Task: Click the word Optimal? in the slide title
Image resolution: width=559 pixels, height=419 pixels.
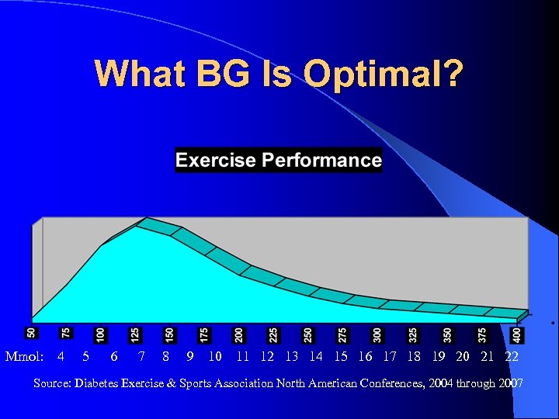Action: tap(384, 74)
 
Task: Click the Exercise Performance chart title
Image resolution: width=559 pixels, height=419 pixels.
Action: tap(279, 161)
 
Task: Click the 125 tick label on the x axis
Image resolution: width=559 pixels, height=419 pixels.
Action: tap(135, 334)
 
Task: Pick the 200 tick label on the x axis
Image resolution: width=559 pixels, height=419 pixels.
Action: tap(239, 334)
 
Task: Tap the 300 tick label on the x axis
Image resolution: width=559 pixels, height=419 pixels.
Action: tap(377, 334)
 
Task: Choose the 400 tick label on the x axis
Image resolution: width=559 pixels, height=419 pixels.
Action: tap(517, 334)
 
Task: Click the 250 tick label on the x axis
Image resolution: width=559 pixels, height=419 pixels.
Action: tap(308, 334)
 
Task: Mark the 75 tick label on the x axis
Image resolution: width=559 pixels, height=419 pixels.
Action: tap(66, 332)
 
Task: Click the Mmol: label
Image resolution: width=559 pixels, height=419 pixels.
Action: tap(24, 357)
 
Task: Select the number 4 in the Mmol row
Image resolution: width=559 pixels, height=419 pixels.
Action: tap(61, 357)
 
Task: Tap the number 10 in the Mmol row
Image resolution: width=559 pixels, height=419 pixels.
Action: tap(215, 357)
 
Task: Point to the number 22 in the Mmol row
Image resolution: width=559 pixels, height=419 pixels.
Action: tap(512, 357)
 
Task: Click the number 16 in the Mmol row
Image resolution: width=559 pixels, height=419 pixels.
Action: tap(365, 357)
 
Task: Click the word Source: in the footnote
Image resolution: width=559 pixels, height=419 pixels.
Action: tap(53, 383)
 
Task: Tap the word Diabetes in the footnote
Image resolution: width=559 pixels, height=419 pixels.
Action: tap(99, 383)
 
